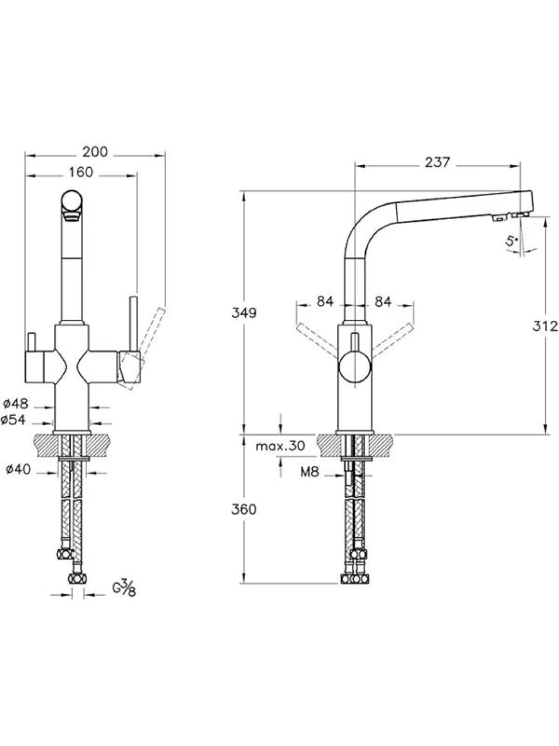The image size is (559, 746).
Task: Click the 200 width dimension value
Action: pyautogui.click(x=95, y=152)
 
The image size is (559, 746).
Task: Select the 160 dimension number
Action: pyautogui.click(x=81, y=172)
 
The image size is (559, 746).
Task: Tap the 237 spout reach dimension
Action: pyautogui.click(x=437, y=162)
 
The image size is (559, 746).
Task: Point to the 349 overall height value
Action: pyautogui.click(x=244, y=313)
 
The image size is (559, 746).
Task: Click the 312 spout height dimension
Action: pyautogui.click(x=545, y=326)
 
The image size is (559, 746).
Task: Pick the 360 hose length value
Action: pyautogui.click(x=244, y=509)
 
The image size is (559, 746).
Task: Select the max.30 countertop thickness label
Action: pyautogui.click(x=281, y=446)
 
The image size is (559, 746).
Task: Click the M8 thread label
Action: pyautogui.click(x=310, y=472)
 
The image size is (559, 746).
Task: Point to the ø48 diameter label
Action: pyautogui.click(x=16, y=404)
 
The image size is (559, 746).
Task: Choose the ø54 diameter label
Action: pyautogui.click(x=14, y=420)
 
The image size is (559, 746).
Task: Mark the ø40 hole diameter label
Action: pyautogui.click(x=19, y=469)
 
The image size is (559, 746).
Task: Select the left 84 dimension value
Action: pyautogui.click(x=325, y=301)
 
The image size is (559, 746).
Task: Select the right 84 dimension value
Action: pyautogui.click(x=383, y=301)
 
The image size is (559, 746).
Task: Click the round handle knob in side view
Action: pyautogui.click(x=355, y=368)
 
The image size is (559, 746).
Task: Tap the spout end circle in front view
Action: pyautogui.click(x=72, y=201)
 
